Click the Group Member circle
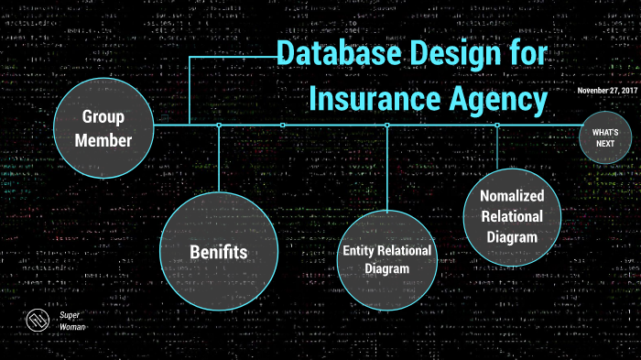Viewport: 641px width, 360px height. pyautogui.click(x=103, y=128)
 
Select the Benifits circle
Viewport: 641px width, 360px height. pyautogui.click(x=219, y=250)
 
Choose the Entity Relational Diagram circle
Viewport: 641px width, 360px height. pyautogui.click(x=387, y=260)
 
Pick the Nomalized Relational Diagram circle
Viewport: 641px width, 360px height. pyautogui.click(x=499, y=216)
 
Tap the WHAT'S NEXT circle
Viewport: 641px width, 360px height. pyautogui.click(x=605, y=138)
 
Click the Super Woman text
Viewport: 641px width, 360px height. pyautogui.click(x=71, y=322)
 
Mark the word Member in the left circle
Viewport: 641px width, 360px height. pyautogui.click(x=103, y=140)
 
